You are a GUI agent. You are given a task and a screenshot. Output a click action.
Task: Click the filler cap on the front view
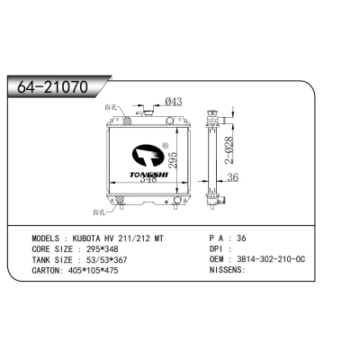(146, 112)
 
